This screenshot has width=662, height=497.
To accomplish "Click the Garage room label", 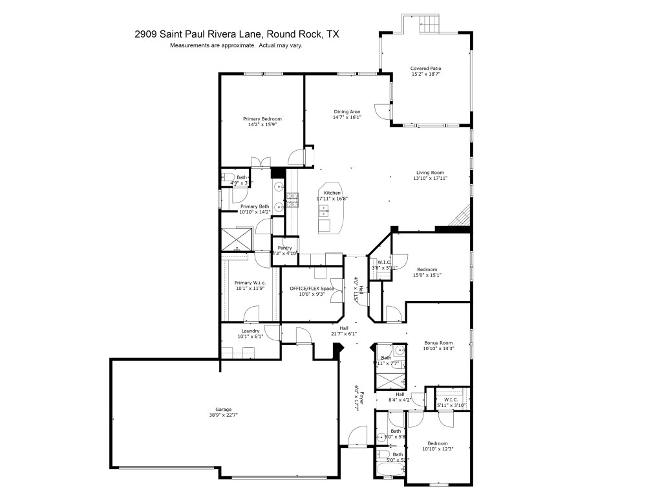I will point(224,409).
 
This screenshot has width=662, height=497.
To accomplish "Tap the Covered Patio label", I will point(425,68).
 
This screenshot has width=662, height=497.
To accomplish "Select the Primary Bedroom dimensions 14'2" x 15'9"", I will point(262,125).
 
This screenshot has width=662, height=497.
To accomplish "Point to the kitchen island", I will point(332,207).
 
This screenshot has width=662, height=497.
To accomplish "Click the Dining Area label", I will point(347,111).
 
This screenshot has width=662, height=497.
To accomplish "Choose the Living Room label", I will point(430,172).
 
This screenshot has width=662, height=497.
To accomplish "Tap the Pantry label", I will point(284,247).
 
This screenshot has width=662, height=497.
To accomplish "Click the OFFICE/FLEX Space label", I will point(312,288).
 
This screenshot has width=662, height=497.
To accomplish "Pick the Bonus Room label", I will point(438,342).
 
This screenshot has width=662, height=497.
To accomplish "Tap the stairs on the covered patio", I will point(429,25).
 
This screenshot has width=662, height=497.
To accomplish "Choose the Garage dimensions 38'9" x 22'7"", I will point(224,415).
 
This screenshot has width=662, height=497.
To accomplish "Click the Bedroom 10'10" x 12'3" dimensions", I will point(438,449).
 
